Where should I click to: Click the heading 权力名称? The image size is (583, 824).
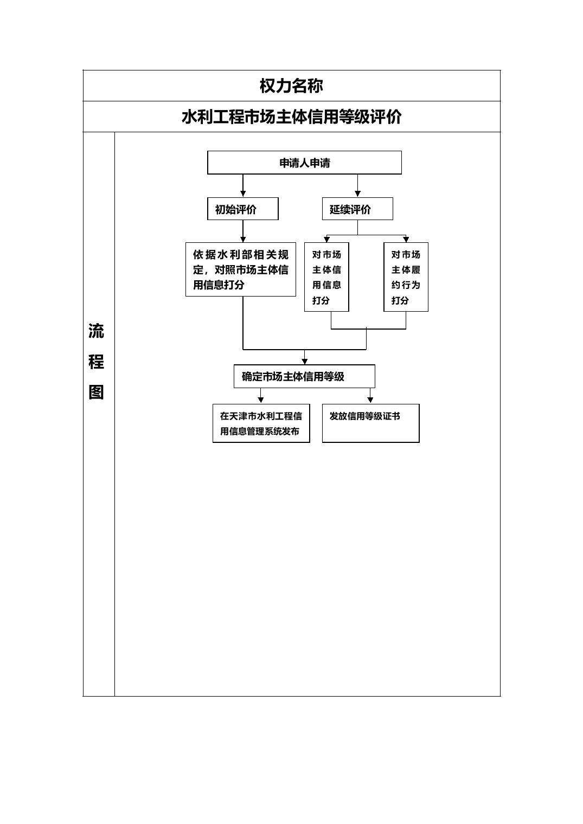tap(291, 86)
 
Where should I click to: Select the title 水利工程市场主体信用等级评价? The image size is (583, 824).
tap(292, 117)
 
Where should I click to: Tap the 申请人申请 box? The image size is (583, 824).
tap(304, 163)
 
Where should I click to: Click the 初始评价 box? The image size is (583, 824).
tap(243, 209)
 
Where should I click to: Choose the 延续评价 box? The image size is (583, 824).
tap(357, 209)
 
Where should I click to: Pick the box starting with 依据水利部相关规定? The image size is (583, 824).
tap(241, 269)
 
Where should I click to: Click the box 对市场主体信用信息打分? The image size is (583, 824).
tap(326, 277)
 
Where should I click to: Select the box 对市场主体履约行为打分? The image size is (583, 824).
tap(406, 277)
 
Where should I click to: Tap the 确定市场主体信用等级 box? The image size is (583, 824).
tap(304, 376)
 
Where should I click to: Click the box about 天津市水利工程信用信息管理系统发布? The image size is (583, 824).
tap(261, 423)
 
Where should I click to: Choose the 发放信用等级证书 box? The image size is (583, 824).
tap(370, 423)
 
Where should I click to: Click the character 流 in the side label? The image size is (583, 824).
tap(96, 331)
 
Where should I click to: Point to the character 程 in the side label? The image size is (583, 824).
tap(96, 362)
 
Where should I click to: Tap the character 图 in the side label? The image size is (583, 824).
tap(96, 392)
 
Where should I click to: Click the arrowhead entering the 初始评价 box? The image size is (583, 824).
tap(243, 194)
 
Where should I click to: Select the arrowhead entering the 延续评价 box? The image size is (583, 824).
tap(357, 194)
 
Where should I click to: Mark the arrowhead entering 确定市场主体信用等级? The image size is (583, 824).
tap(304, 361)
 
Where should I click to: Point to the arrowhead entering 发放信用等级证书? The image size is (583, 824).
tap(370, 400)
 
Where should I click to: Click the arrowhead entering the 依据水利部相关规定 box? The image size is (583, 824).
tap(243, 239)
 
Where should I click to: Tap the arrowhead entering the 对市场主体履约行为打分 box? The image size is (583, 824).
tap(406, 239)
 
